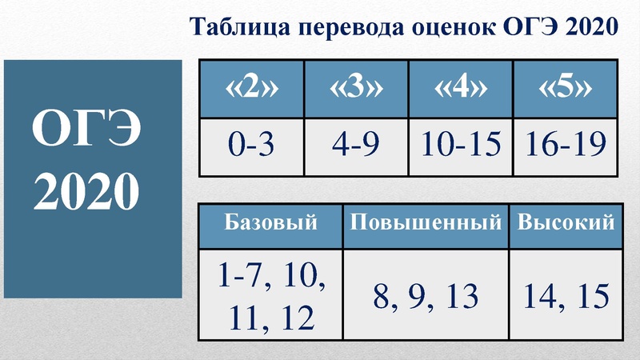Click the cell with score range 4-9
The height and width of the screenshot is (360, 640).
356,146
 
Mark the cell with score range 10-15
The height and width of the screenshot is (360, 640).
461,146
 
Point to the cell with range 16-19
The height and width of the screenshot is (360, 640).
566,146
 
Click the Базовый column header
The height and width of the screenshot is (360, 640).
270,222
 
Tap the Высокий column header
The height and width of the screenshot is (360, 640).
566,222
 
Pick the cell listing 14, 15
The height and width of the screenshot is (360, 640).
566,297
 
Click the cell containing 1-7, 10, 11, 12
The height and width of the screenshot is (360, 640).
270,297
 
